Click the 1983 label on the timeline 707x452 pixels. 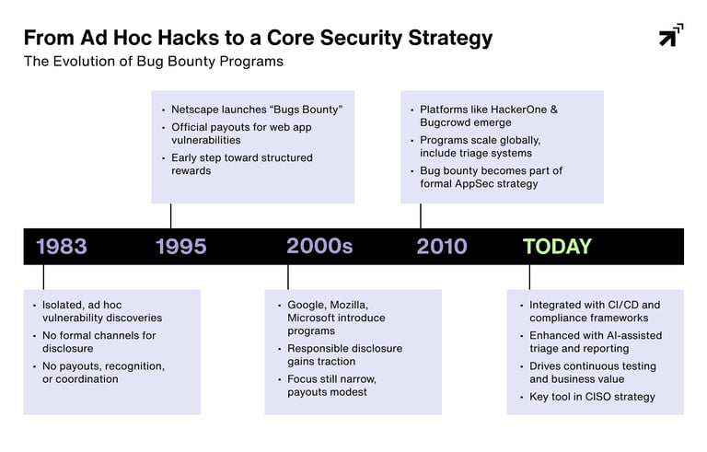pyautogui.click(x=62, y=247)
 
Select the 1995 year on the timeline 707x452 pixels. pyautogui.click(x=181, y=247)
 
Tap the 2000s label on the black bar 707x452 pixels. pyautogui.click(x=319, y=247)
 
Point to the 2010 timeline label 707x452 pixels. pyautogui.click(x=442, y=247)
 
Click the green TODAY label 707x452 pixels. pyautogui.click(x=557, y=247)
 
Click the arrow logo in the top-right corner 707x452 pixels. pyautogui.click(x=671, y=35)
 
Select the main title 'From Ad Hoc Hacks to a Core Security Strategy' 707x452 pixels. pyautogui.click(x=258, y=38)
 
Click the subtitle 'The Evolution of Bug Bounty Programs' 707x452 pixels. pyautogui.click(x=154, y=62)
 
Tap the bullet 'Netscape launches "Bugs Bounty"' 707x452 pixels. pyautogui.click(x=257, y=110)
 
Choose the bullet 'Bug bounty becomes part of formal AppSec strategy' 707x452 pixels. pyautogui.click(x=491, y=177)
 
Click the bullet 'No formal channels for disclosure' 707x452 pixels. pyautogui.click(x=99, y=342)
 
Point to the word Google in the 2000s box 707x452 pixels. pyautogui.click(x=307, y=305)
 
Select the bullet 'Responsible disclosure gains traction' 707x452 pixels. pyautogui.click(x=344, y=355)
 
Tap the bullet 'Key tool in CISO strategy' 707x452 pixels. pyautogui.click(x=592, y=397)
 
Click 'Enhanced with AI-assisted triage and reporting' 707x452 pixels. pyautogui.click(x=593, y=342)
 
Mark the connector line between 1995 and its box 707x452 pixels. pyautogui.click(x=170, y=215)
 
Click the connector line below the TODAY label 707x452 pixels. pyautogui.click(x=529, y=277)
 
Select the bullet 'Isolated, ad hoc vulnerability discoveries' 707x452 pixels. pyautogui.click(x=101, y=311)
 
